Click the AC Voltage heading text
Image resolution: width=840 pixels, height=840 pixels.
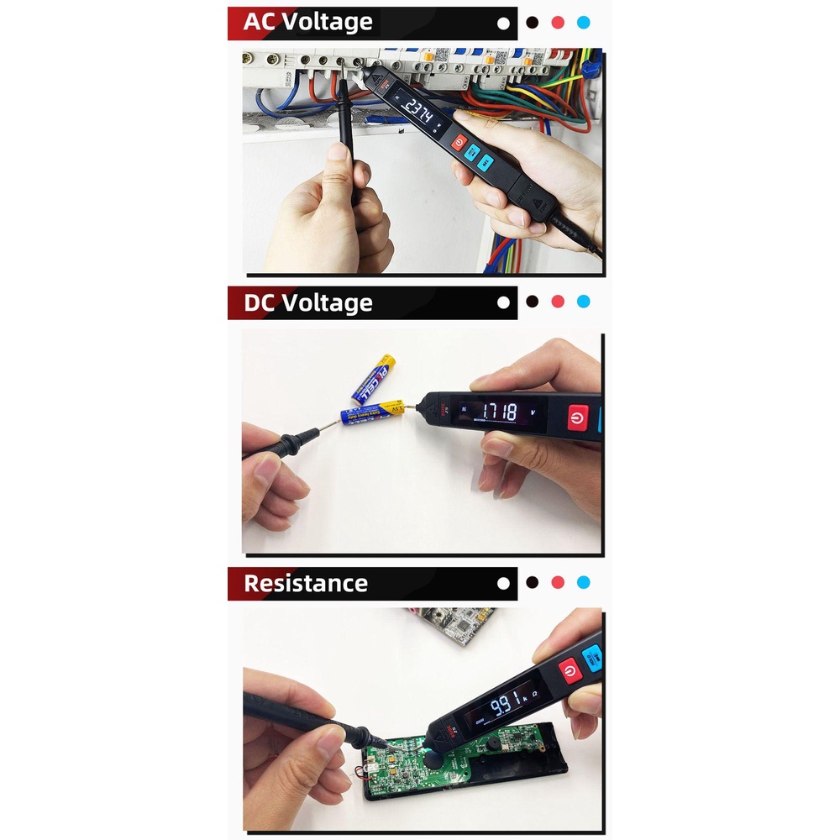pyautogui.click(x=307, y=23)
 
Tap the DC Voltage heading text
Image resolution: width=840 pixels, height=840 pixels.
pyautogui.click(x=307, y=302)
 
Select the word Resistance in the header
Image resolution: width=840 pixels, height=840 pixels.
pyautogui.click(x=306, y=583)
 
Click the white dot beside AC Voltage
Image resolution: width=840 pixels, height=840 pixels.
pyautogui.click(x=503, y=24)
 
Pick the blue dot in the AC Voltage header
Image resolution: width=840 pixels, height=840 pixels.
pyautogui.click(x=584, y=24)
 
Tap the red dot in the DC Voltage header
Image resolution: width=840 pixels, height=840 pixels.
pyautogui.click(x=557, y=302)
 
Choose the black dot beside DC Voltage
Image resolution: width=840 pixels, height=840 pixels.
pyautogui.click(x=531, y=302)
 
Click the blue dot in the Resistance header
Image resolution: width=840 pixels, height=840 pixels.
pyautogui.click(x=584, y=582)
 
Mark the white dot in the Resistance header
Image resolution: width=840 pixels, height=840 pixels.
pyautogui.click(x=503, y=582)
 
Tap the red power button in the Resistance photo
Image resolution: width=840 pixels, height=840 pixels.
pyautogui.click(x=570, y=670)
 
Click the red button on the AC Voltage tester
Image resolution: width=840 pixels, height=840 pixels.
pyautogui.click(x=459, y=142)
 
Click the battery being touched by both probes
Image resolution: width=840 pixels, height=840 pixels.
pyautogui.click(x=368, y=413)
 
